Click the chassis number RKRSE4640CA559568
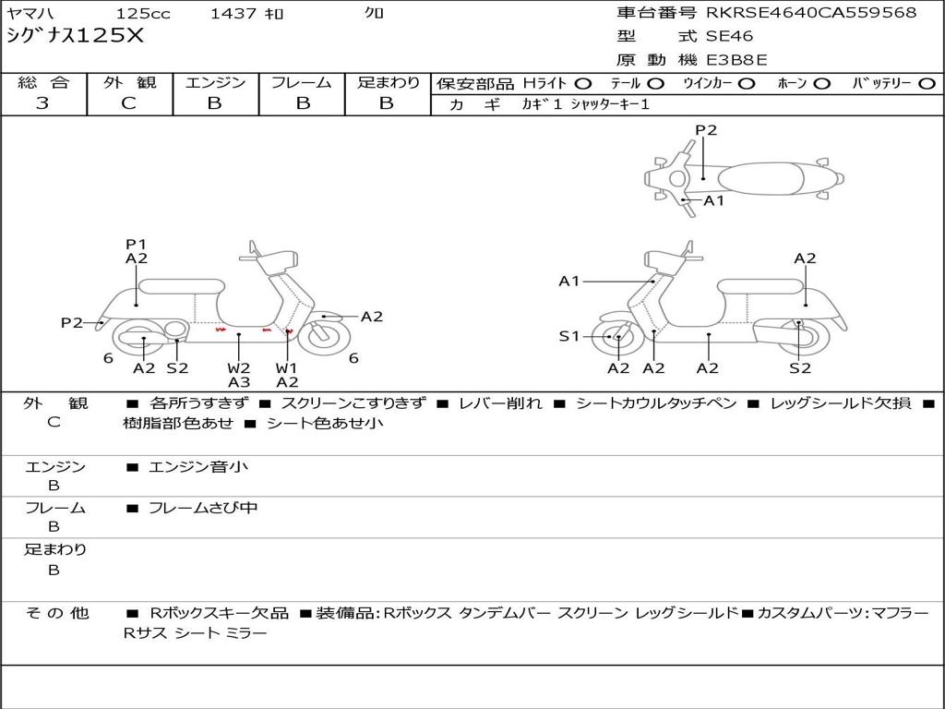(x=811, y=13)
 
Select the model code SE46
(x=729, y=37)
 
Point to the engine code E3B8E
(x=736, y=61)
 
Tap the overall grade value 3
(x=42, y=103)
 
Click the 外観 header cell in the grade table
(x=129, y=82)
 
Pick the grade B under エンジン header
(x=214, y=103)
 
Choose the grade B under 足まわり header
(x=387, y=103)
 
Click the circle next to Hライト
(x=583, y=83)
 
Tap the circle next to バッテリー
(x=927, y=83)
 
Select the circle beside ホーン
(x=822, y=83)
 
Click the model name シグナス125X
(x=75, y=37)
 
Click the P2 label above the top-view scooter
(x=706, y=130)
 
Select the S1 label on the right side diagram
(x=569, y=337)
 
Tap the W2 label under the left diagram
(x=239, y=367)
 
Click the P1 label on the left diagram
(x=137, y=244)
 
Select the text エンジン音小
(x=198, y=467)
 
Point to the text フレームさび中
(x=203, y=508)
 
